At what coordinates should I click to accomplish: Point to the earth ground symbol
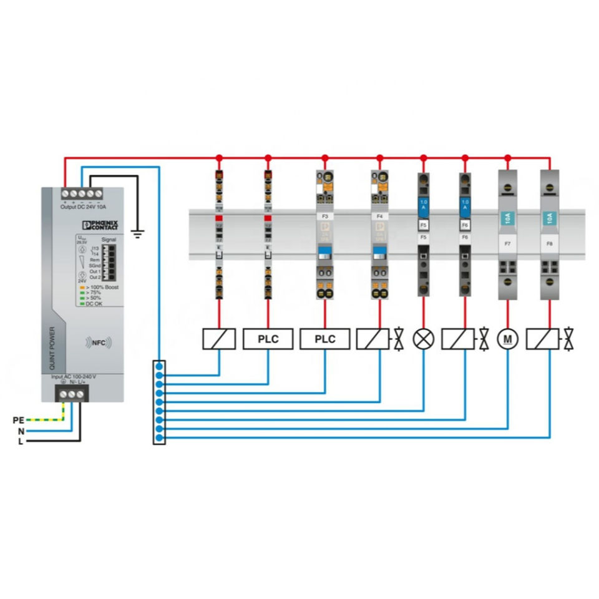tap(138, 235)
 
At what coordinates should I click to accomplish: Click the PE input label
tap(18, 420)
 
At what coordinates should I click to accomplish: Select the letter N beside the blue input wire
tap(21, 431)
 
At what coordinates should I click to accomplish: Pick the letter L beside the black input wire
tap(21, 441)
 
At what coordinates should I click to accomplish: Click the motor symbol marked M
tap(507, 339)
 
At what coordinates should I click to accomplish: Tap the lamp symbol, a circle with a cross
tap(424, 339)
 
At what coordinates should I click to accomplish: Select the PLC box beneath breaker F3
tap(324, 339)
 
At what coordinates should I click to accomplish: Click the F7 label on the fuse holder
tap(507, 244)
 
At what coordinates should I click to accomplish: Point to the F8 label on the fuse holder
tap(550, 244)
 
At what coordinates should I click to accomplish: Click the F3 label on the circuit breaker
tap(324, 216)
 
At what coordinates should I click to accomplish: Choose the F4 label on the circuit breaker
tap(380, 216)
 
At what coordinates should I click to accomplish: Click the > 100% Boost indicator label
tap(101, 286)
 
